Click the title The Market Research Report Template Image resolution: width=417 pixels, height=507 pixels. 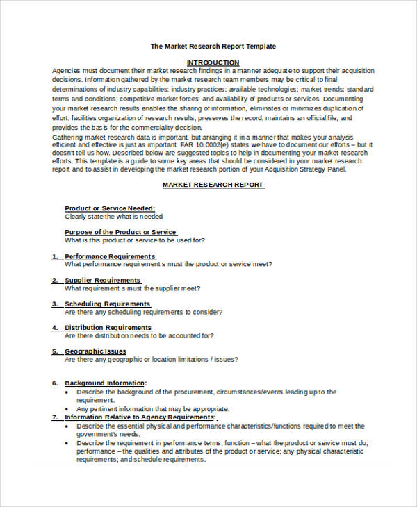[213, 47]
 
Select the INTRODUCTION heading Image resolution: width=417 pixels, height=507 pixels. [213, 63]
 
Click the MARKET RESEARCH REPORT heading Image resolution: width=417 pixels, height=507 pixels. [213, 185]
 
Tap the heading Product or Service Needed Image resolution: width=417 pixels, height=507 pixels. [110, 208]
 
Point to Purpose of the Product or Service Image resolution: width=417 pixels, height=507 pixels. [120, 232]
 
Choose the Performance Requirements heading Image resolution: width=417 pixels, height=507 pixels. [110, 256]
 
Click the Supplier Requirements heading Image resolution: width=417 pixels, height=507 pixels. [103, 280]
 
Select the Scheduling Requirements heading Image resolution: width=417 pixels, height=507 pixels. [107, 304]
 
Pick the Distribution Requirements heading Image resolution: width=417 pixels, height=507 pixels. [108, 328]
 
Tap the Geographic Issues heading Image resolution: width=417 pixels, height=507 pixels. [96, 351]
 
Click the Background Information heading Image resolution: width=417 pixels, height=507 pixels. [105, 383]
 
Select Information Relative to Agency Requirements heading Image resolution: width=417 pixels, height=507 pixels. [140, 417]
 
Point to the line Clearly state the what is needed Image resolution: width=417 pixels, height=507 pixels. [114, 217]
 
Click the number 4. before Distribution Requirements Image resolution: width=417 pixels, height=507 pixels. [55, 328]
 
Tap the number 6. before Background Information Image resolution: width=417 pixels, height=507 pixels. [55, 383]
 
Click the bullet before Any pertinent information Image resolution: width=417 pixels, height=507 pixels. [67, 409]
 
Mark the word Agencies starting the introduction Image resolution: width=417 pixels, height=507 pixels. [67, 71]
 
